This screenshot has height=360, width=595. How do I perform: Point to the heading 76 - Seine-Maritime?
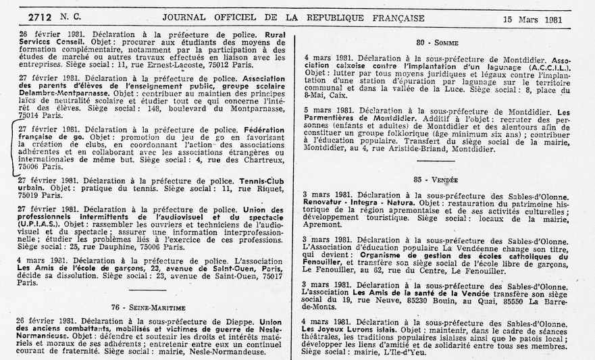coord(144,307)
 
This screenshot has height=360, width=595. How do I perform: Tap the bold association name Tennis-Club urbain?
coord(264,180)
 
